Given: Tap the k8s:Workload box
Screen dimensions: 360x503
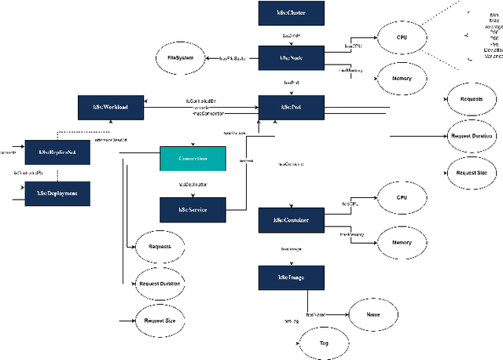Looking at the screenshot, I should pos(111,107).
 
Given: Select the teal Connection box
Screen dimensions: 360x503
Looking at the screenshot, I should pos(193,158).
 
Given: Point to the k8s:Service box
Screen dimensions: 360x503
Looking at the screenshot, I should pos(193,210).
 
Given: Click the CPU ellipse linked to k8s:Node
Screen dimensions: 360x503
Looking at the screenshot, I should pos(402,37).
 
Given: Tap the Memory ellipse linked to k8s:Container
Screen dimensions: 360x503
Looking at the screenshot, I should pos(402,242).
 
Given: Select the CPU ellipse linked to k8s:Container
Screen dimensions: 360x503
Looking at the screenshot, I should pos(402,197).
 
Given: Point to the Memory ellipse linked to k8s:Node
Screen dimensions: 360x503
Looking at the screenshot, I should pos(402,78).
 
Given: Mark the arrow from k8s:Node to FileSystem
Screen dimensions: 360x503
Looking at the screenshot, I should pos(233,58).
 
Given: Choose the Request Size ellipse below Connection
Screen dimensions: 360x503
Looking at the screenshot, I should pos(160,320).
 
